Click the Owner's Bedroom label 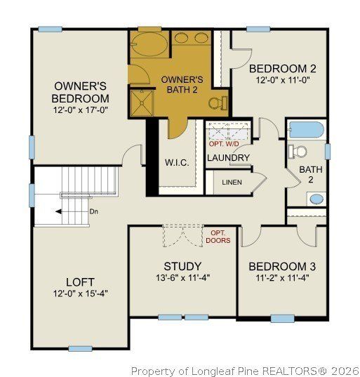(x=81, y=92)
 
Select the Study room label (x=182, y=266)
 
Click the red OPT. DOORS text (x=216, y=236)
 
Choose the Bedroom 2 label (x=283, y=68)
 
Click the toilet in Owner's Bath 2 (x=218, y=103)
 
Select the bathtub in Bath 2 (x=306, y=130)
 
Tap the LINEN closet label (x=233, y=183)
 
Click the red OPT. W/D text (x=224, y=144)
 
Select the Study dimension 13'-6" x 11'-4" (x=182, y=278)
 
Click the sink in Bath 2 (x=316, y=199)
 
